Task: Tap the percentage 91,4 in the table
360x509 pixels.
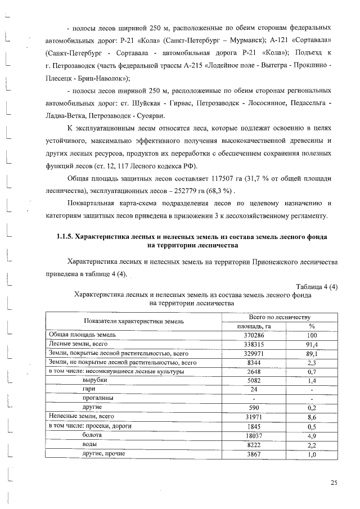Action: pos(312,345)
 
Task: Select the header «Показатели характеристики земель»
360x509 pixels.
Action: pos(133,321)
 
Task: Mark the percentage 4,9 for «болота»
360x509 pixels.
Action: pos(312,435)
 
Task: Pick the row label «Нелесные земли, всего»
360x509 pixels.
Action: pos(82,417)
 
